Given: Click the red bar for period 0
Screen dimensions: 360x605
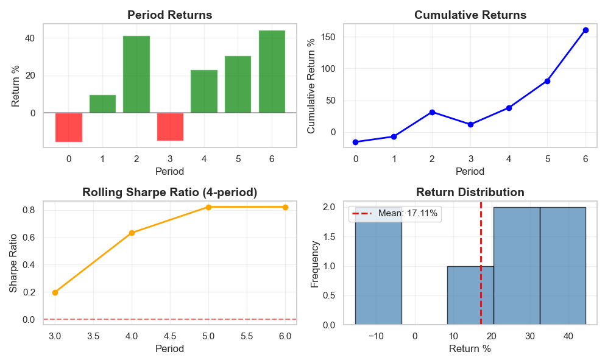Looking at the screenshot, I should pyautogui.click(x=69, y=127).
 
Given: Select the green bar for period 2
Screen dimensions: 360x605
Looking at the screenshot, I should pyautogui.click(x=136, y=74).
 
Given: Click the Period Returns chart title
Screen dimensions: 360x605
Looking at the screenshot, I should pyautogui.click(x=169, y=15).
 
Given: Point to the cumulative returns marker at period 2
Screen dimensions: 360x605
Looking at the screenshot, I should pyautogui.click(x=432, y=112).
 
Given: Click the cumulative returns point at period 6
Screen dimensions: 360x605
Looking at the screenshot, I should pyautogui.click(x=586, y=30).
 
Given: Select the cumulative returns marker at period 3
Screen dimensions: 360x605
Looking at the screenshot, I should pyautogui.click(x=470, y=124).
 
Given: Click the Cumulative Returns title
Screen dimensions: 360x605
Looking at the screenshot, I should pyautogui.click(x=470, y=15).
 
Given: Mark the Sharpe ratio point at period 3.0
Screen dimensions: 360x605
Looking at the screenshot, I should pyautogui.click(x=55, y=292).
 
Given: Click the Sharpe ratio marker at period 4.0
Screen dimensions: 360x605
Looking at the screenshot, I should pyautogui.click(x=132, y=233).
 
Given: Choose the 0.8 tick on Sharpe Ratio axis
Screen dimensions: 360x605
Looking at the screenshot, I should pyautogui.click(x=28, y=210).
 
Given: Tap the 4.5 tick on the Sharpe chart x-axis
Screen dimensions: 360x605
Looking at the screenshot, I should pyautogui.click(x=170, y=336).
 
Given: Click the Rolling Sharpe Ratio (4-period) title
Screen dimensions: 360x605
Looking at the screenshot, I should pyautogui.click(x=169, y=192).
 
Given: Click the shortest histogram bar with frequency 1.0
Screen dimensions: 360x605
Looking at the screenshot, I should pyautogui.click(x=470, y=295).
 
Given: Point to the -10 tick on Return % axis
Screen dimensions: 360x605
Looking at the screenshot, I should pyautogui.click(x=376, y=336).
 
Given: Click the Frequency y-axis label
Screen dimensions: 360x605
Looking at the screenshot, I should pyautogui.click(x=315, y=264).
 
